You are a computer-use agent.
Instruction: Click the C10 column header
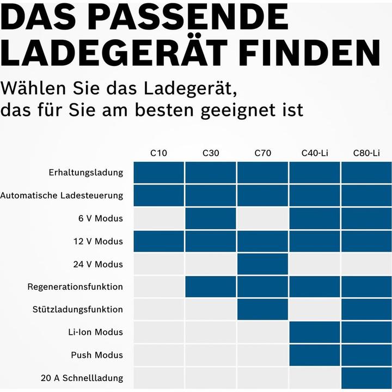[159, 153]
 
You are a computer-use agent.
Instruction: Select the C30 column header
[211, 153]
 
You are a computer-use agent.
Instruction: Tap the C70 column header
[262, 153]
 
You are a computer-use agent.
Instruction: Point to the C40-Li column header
[315, 153]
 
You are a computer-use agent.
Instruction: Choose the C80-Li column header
[366, 153]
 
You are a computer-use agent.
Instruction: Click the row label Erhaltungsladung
[85, 173]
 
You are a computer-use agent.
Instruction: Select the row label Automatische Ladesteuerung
[62, 195]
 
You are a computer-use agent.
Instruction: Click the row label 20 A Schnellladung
[82, 378]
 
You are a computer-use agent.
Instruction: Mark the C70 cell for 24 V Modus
[262, 264]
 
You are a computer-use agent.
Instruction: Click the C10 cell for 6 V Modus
[159, 218]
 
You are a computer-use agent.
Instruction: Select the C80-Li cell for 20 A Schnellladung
[366, 378]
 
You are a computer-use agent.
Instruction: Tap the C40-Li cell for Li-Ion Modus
[315, 332]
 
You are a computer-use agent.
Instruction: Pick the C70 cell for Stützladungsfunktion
[262, 309]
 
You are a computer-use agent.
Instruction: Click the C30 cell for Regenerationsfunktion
[211, 287]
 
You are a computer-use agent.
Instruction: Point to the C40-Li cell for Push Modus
[315, 355]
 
